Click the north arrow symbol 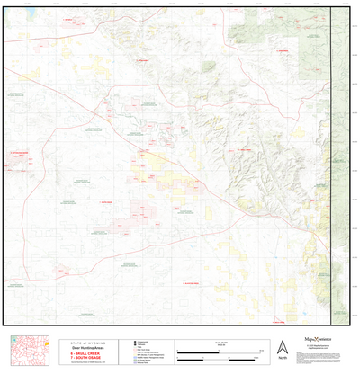coord(283,346)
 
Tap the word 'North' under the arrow coord(283,359)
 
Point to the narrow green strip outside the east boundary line coord(338,162)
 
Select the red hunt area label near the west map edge coord(18,155)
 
